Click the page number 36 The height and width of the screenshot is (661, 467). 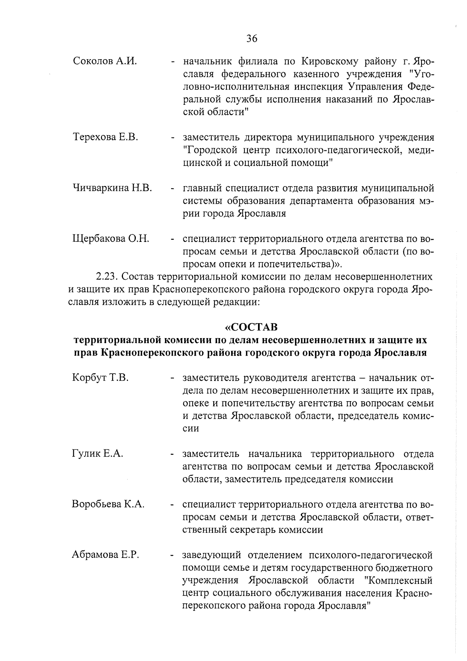[x=252, y=38]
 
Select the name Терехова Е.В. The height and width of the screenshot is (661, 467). [x=105, y=137]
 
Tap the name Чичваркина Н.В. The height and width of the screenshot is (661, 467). [x=112, y=188]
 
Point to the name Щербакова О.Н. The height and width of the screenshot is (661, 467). [x=111, y=238]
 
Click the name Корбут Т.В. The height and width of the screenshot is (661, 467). [x=100, y=378]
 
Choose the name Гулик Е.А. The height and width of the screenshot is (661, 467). [x=97, y=453]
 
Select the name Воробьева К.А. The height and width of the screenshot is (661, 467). [x=108, y=504]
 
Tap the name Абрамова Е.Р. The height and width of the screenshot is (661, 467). [x=105, y=555]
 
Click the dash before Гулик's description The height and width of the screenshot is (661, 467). [x=171, y=454]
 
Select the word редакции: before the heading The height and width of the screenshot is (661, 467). [x=234, y=302]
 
